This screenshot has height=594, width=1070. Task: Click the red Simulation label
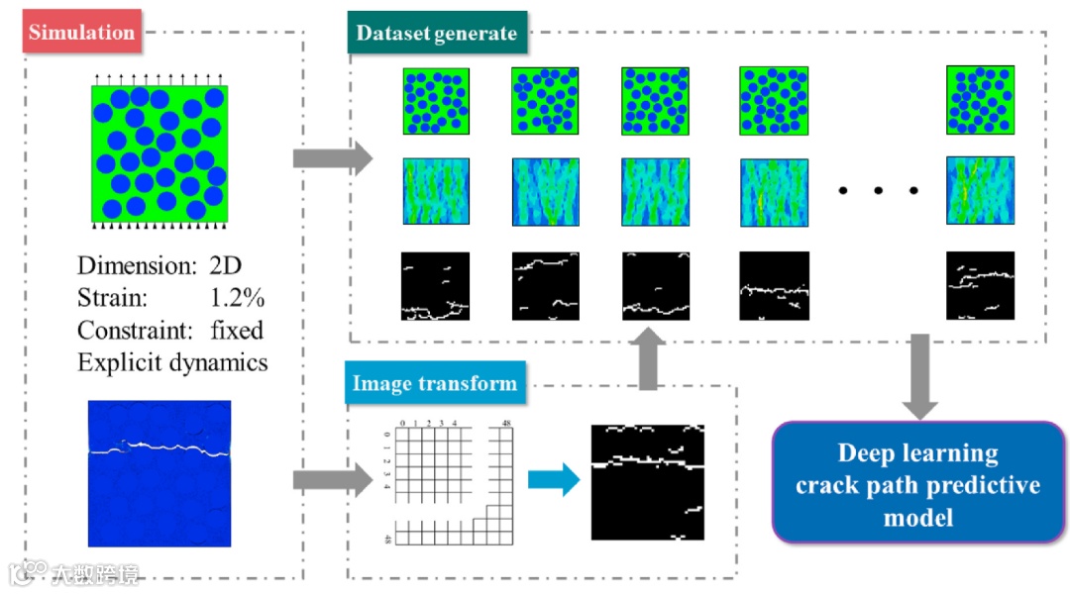pos(80,32)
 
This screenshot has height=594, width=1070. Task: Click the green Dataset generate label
pos(436,33)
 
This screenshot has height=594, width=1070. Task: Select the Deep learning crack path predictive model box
pos(918,483)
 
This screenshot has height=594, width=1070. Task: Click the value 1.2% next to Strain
pos(237,297)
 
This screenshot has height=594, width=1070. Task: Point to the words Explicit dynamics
pos(172,362)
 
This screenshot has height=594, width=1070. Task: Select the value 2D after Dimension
pos(225,265)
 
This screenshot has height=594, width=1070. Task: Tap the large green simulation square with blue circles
pos(160,153)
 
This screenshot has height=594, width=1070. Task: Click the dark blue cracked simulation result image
pos(160,472)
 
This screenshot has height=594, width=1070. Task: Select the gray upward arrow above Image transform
pos(650,359)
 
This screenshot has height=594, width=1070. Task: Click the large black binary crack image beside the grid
pos(647,481)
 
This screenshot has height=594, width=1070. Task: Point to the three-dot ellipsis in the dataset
pos(878,191)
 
